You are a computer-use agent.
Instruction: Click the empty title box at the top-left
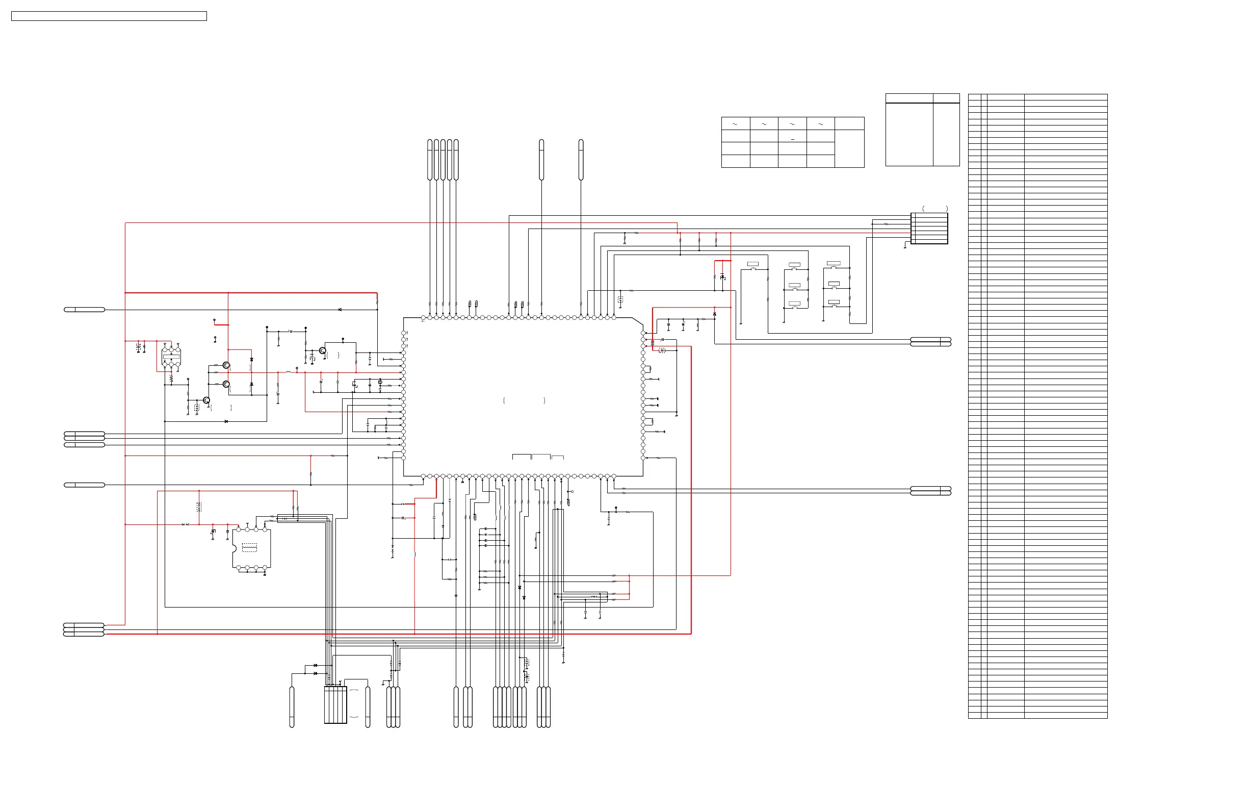(109, 16)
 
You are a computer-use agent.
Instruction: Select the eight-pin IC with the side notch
(252, 548)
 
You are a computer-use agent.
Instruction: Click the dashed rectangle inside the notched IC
(250, 547)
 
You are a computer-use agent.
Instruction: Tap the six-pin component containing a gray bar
(171, 357)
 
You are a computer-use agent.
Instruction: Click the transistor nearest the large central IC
(323, 350)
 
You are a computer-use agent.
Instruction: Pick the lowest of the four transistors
(206, 400)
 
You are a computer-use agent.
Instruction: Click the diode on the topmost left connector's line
(340, 310)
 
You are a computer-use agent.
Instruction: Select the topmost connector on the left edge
(84, 310)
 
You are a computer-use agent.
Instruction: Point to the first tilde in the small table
(735, 124)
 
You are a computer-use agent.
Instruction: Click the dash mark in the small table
(792, 139)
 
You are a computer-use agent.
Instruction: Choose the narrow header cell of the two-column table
(946, 98)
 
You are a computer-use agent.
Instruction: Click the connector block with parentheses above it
(929, 228)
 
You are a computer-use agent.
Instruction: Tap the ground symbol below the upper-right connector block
(905, 247)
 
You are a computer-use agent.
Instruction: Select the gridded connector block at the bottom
(335, 704)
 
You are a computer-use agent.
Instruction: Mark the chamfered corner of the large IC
(637, 321)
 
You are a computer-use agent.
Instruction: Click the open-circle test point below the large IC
(571, 492)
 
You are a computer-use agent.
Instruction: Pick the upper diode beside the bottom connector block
(315, 665)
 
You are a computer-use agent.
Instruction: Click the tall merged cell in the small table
(849, 148)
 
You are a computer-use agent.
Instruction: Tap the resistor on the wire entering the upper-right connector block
(886, 224)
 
